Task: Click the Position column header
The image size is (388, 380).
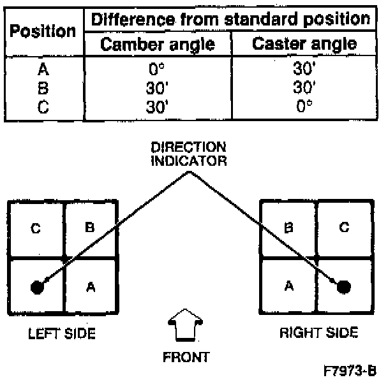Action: (43, 31)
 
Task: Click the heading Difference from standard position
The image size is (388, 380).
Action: (231, 18)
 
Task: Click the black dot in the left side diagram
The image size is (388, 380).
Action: (37, 286)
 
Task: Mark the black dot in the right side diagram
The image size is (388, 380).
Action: (344, 286)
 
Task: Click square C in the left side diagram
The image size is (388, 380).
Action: (36, 228)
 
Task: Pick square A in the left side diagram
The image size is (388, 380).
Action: (91, 286)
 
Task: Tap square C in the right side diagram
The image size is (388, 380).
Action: (344, 228)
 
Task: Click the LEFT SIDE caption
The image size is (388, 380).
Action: (63, 333)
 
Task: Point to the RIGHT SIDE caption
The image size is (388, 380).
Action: (318, 332)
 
